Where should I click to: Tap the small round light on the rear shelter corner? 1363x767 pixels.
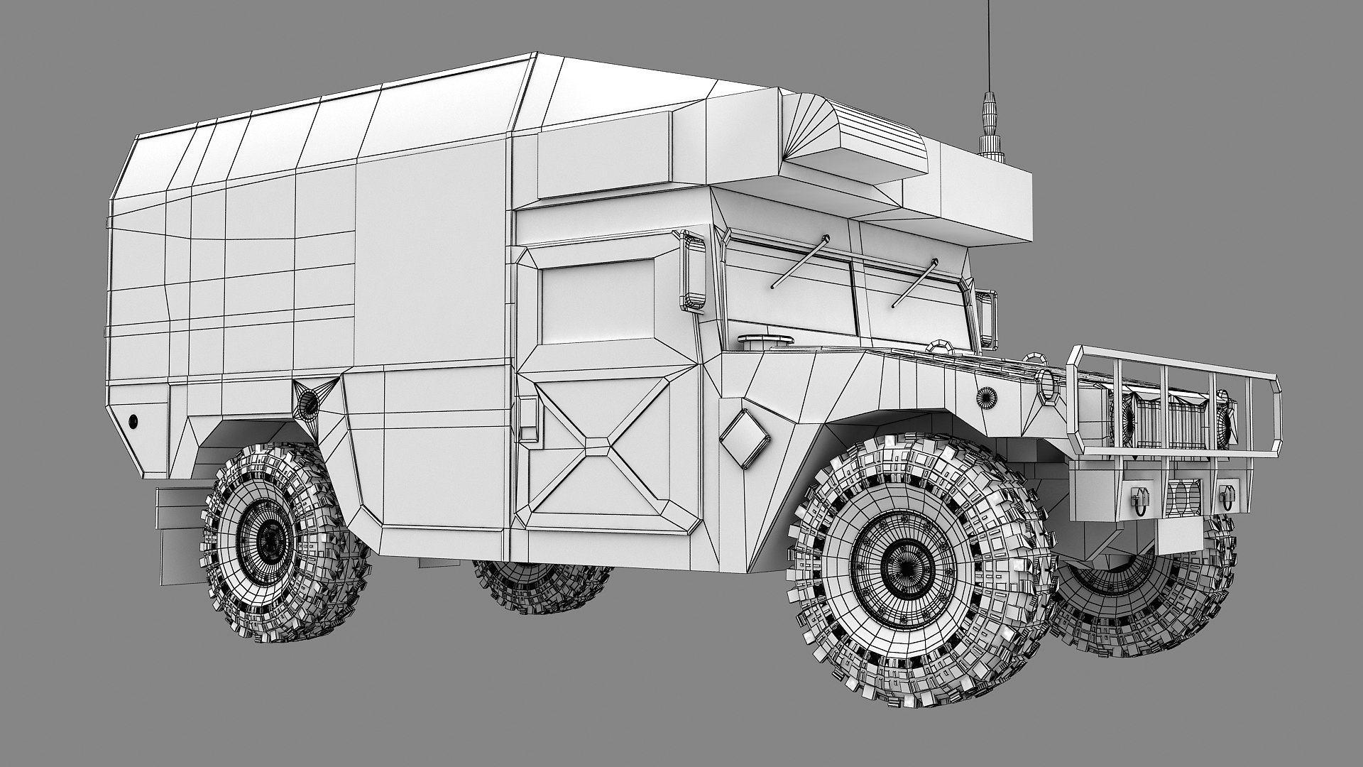coord(133,421)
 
